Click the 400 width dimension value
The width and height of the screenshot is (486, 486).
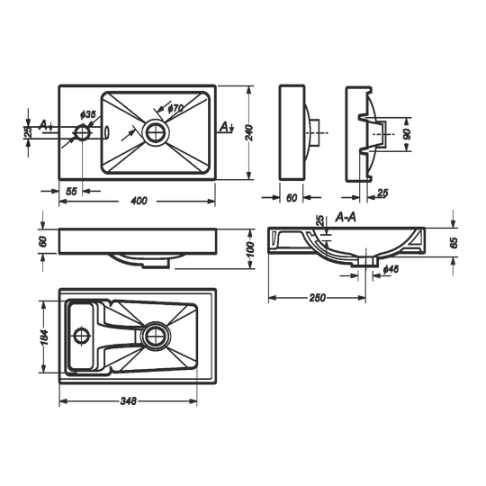tap(139, 201)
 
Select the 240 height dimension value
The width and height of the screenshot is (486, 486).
tap(250, 133)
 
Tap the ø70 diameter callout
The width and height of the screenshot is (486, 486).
tap(175, 108)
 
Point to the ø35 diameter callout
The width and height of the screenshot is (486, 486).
tap(87, 114)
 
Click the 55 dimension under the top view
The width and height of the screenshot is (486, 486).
tap(71, 191)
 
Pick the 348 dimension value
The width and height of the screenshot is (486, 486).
tap(128, 401)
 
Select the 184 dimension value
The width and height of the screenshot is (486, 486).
tap(44, 337)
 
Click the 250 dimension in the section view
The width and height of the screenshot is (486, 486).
tap(318, 298)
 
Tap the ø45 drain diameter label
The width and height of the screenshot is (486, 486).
tap(391, 269)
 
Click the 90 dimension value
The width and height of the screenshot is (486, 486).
tap(407, 134)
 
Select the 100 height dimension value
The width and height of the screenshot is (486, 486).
tap(250, 250)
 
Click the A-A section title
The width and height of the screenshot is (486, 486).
tap(346, 218)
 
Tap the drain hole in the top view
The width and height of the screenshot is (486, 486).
tap(156, 132)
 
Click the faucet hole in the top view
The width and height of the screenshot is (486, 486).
tap(82, 132)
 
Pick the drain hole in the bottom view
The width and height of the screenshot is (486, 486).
tap(156, 336)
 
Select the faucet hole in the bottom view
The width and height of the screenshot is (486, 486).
tap(82, 336)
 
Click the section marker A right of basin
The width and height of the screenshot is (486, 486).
tap(226, 127)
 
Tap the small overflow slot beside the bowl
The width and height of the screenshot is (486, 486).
tap(106, 132)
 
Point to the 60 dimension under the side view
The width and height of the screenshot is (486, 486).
tap(292, 197)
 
